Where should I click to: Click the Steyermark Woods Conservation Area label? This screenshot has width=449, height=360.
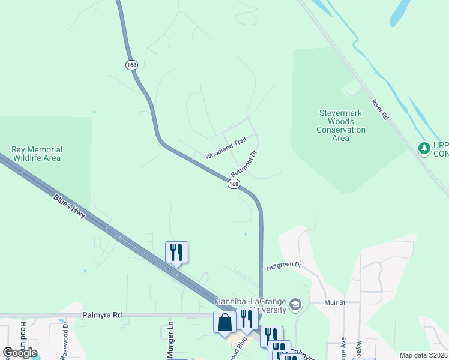pos(341,125)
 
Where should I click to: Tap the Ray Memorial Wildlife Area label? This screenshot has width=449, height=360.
pos(37,154)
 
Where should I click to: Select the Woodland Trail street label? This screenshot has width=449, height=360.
pos(226,148)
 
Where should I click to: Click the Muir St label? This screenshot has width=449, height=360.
pos(335,303)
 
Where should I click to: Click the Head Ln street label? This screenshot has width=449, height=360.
pos(23,335)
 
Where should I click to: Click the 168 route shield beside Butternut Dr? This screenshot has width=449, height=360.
pos(234,184)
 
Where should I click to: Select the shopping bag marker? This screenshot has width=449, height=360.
pos(224,322)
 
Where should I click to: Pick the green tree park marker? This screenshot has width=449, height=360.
pos(424,148)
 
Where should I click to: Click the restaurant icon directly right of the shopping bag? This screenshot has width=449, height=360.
pos(246,319)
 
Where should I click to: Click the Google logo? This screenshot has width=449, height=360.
pos(20,353)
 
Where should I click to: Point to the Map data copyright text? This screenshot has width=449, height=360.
pos(423,355)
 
